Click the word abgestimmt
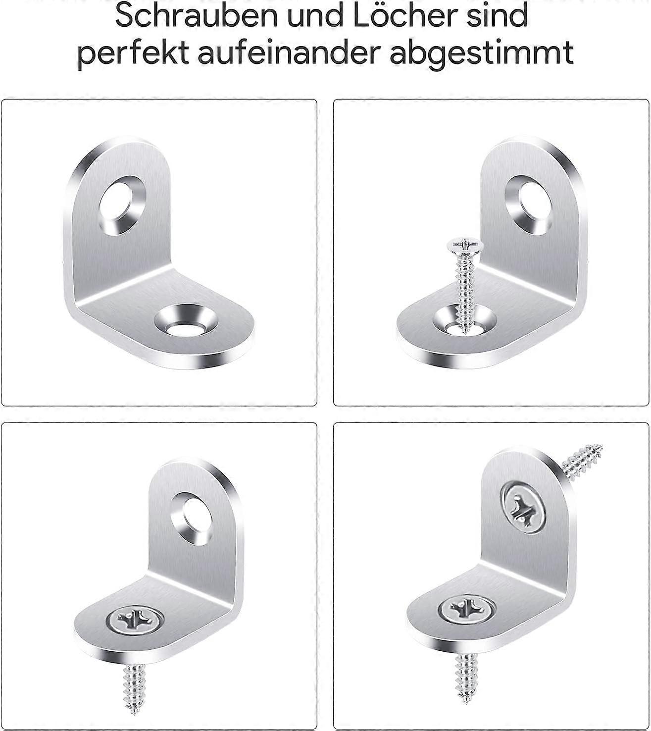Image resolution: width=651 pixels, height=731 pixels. tap(482, 53)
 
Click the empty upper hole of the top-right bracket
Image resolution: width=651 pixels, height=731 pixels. tap(529, 206)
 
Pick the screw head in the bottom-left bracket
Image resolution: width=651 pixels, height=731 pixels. tap(135, 620)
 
